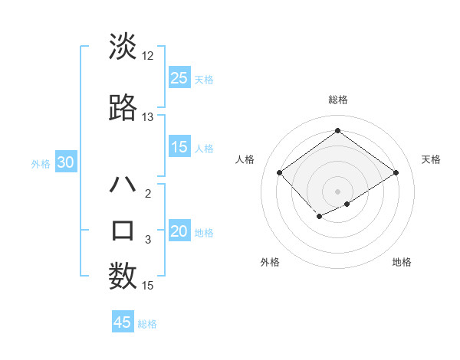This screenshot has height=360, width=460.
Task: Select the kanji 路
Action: [x=123, y=108]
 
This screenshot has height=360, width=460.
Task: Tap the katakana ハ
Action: [x=123, y=185]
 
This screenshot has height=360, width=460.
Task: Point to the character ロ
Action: [x=123, y=231]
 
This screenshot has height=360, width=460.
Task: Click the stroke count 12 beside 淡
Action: [x=148, y=56]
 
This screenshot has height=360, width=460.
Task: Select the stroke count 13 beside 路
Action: [x=148, y=117]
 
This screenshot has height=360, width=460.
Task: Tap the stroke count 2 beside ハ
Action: [x=148, y=194]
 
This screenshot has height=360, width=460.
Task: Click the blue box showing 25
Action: [x=179, y=77]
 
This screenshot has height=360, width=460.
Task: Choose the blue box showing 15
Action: [x=179, y=147]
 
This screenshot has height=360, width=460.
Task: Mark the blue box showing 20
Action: [x=179, y=231]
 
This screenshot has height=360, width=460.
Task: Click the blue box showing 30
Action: [x=65, y=162]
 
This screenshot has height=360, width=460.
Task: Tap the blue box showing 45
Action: [x=123, y=322]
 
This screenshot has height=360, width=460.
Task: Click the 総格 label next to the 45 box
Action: [x=148, y=324]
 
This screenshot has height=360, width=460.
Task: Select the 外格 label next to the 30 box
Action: [x=41, y=163]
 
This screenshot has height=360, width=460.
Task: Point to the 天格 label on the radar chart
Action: [x=431, y=159]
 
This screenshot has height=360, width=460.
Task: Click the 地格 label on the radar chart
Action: [x=402, y=262]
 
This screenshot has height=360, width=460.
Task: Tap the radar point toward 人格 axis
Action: [x=280, y=173]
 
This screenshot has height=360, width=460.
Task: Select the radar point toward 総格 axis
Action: [x=337, y=131]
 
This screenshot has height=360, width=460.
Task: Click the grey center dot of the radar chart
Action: [x=337, y=190]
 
